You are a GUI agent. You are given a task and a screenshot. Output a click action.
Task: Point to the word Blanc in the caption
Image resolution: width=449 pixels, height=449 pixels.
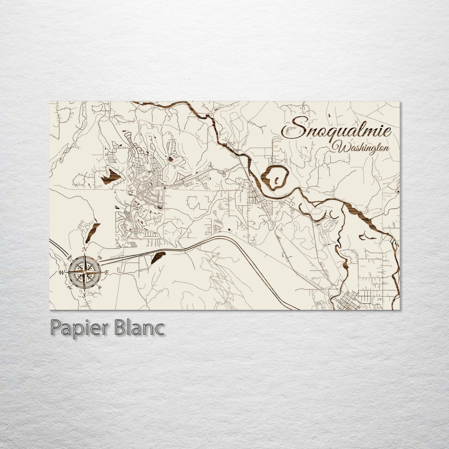(x=143, y=329)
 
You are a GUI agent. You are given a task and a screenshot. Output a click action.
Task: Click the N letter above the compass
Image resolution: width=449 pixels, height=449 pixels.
(x=84, y=249)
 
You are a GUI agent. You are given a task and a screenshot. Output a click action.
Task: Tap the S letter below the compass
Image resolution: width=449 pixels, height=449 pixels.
(x=84, y=296)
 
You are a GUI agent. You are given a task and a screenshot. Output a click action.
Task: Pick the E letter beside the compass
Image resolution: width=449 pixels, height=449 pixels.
(x=106, y=273)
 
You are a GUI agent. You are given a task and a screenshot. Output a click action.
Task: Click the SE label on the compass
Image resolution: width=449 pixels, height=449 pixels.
(x=99, y=287)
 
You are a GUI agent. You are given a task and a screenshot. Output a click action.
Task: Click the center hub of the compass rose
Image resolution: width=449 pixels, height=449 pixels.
(x=84, y=273)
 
